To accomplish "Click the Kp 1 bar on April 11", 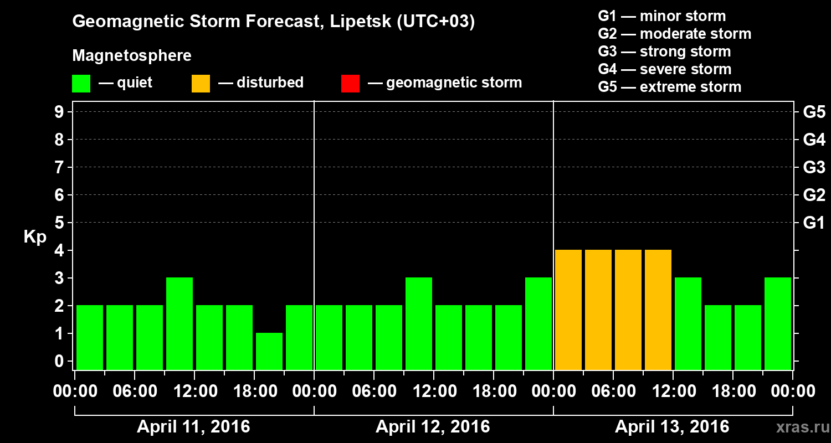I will pos(269,351).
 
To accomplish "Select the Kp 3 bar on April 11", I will pos(179,323).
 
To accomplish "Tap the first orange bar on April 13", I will pos(568,310).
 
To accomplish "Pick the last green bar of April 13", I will pos(778,323).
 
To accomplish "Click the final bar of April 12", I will pos(538,323).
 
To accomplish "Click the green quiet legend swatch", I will pos(81,83).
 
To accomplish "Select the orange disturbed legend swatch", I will pos(201,83).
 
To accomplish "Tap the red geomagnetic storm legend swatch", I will pos(351,83).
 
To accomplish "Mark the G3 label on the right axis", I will pos(814,167).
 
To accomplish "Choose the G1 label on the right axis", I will pos(814,223).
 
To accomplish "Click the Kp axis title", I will pos(35,237).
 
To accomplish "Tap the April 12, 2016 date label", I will pos(433,427).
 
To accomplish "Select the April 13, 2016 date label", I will pos(672,427).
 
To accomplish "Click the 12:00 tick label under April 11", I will pos(194,391).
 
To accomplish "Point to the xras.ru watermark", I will pos(799,427).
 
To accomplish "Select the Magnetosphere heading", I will pos(132,56).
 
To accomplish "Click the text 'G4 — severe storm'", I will pos(665,69).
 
